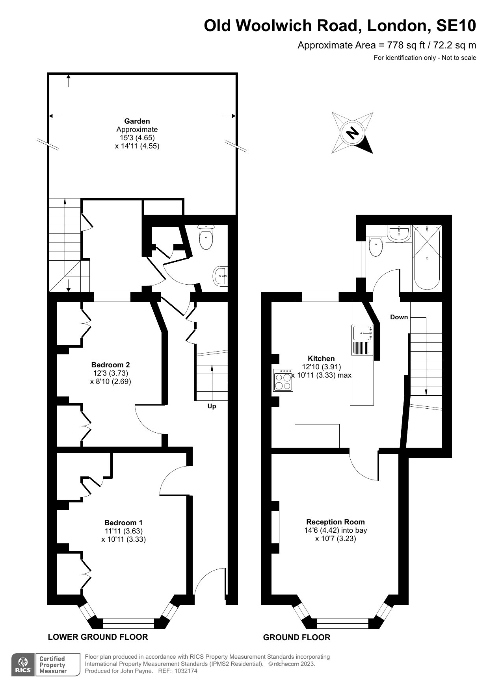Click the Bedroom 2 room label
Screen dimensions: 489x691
[x=110, y=365]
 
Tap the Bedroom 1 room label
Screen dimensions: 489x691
[x=123, y=523]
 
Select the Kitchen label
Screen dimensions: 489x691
[x=321, y=358]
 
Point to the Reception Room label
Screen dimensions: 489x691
[x=335, y=522]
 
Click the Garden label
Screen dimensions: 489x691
[x=137, y=121]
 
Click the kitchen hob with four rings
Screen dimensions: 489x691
[x=283, y=380]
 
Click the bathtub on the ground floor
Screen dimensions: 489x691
[x=426, y=258]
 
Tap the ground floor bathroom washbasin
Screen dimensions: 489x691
[x=399, y=233]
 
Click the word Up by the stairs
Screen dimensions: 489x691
[x=212, y=406]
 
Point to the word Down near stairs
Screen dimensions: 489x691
[x=399, y=317]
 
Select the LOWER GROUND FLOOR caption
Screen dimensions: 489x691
[x=98, y=637]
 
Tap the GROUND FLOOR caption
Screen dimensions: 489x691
[x=297, y=637]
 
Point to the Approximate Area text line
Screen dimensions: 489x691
[x=387, y=45]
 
